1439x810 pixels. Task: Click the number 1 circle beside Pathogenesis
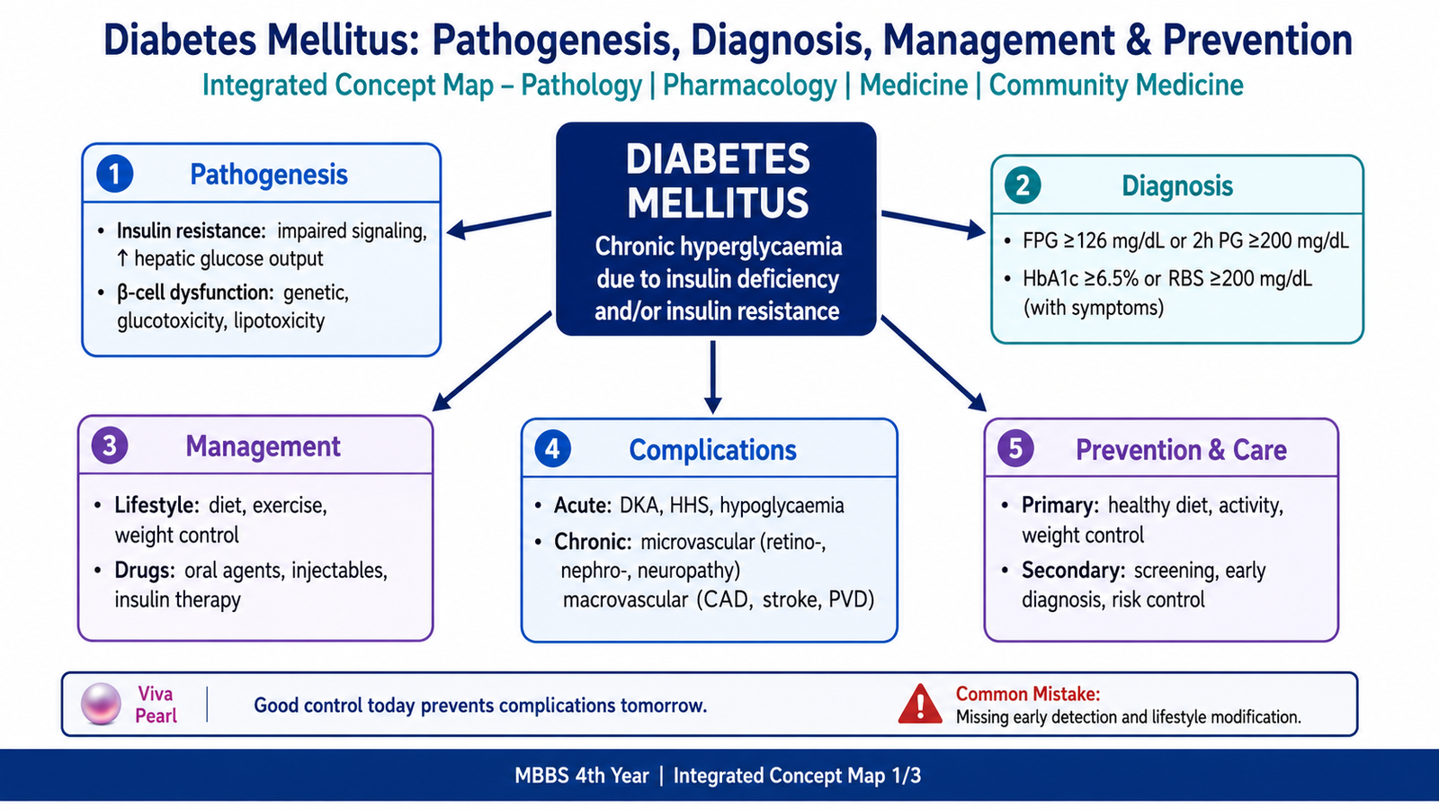point(114,175)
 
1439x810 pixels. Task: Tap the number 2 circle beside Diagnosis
point(1023,185)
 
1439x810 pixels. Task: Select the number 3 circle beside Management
point(110,445)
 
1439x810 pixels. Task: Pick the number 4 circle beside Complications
point(552,449)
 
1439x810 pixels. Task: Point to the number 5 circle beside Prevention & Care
point(1015,448)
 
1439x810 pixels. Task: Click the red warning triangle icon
point(920,704)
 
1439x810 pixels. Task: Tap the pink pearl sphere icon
point(101,704)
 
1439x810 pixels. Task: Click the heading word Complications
point(712,450)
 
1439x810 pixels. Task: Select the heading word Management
point(263,446)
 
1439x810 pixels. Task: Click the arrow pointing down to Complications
point(712,377)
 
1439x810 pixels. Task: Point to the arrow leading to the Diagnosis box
point(934,224)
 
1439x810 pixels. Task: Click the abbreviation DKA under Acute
point(639,505)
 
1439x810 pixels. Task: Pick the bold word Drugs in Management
point(145,571)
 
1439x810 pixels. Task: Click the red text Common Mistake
point(1028,694)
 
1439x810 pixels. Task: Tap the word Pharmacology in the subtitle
point(750,85)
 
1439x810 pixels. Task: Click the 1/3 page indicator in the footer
point(906,775)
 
